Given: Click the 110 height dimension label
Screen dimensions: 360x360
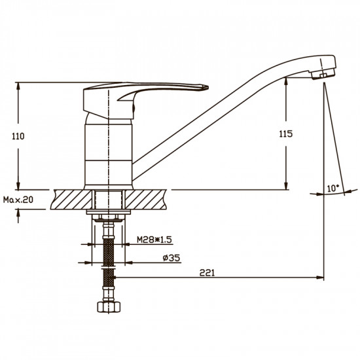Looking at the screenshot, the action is coord(18,136).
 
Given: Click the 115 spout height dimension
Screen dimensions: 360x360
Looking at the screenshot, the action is coord(286,134).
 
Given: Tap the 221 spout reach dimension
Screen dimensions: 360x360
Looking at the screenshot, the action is coord(207,273).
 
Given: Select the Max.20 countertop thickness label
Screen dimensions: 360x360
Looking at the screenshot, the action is coord(18,200).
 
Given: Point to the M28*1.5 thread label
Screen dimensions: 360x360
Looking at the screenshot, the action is coord(154,240).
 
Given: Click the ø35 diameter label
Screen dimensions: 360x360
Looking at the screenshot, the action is coord(171,258).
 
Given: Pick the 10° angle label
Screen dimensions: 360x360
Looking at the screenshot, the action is coord(333,189).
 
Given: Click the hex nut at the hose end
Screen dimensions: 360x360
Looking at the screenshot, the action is coord(109,307).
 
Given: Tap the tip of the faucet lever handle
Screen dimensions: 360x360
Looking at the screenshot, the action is coord(207,87).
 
